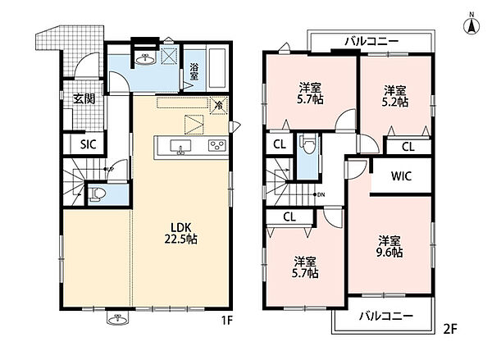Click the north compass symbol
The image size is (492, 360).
471,24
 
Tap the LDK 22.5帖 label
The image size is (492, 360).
181,233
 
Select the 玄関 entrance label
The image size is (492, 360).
84,99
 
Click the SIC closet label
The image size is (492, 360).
88,144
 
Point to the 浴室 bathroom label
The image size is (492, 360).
194,71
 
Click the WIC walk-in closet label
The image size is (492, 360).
401,176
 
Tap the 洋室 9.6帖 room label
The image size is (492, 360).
389,247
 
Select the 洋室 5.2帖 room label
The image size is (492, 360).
395,97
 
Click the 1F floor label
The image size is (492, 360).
227,321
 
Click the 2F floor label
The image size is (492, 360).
450,329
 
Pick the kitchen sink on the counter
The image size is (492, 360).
180,147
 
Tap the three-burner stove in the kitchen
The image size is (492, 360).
217,146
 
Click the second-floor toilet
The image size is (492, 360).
307,144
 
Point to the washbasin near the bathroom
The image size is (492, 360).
145,59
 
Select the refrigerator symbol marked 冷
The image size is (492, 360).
219,106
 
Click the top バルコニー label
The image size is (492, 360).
371,41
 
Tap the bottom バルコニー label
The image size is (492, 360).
386,316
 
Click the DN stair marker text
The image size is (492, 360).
321,195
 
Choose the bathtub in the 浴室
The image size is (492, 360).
216,68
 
